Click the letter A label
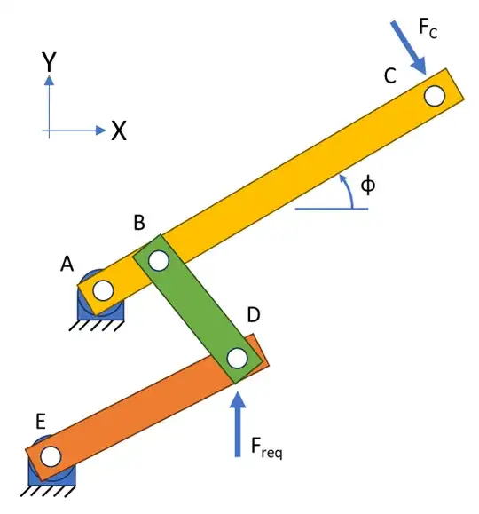pyautogui.click(x=67, y=264)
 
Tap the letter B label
pyautogui.click(x=139, y=224)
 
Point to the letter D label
pyautogui.click(x=253, y=314)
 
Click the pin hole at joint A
pyautogui.click(x=102, y=289)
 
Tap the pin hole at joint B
pyautogui.click(x=159, y=261)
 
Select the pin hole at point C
pyautogui.click(x=434, y=94)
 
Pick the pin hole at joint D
pyautogui.click(x=236, y=358)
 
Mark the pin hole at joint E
pyautogui.click(x=51, y=456)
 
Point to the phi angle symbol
pyautogui.click(x=368, y=186)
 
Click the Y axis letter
pyautogui.click(x=50, y=62)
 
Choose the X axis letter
pyautogui.click(x=119, y=132)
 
